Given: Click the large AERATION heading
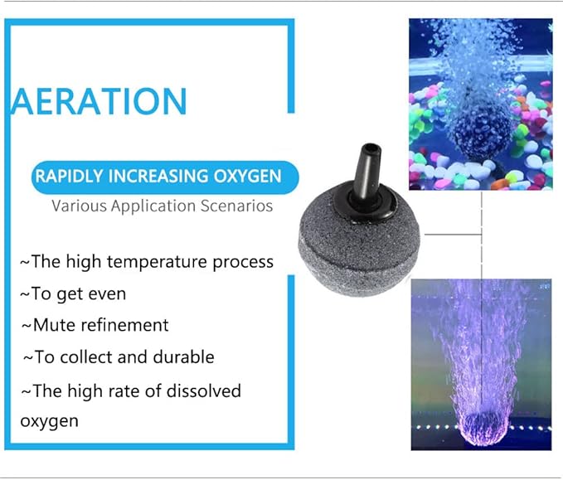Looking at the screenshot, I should pyautogui.click(x=99, y=101).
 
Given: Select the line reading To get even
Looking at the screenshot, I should pyautogui.click(x=73, y=293).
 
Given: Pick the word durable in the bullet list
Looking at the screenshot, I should pyautogui.click(x=183, y=357).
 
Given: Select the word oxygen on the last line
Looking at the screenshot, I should pyautogui.click(x=49, y=421).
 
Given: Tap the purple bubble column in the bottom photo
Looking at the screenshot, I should pyautogui.click(x=477, y=348).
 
